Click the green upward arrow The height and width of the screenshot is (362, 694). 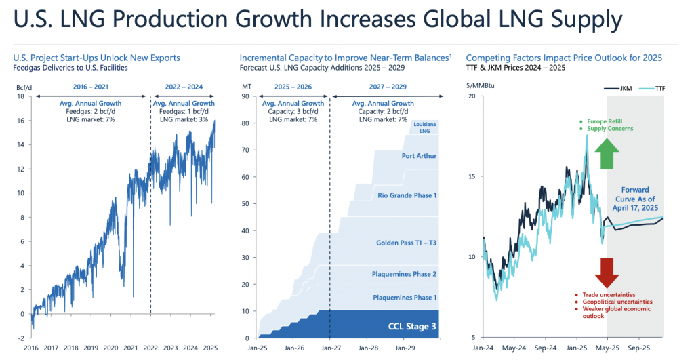[607, 154]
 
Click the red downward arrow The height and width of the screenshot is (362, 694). [607, 273]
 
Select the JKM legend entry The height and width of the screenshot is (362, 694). [618, 89]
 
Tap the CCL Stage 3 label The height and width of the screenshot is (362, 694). [412, 327]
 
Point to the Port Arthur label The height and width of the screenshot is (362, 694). [419, 156]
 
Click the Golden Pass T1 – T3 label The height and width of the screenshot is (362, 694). [407, 243]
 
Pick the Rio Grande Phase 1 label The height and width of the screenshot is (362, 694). [407, 195]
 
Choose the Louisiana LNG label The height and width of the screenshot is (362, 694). [425, 127]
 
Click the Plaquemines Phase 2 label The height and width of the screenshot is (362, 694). [404, 274]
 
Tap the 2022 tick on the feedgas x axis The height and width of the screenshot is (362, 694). [150, 348]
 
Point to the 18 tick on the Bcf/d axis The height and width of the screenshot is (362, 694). [21, 96]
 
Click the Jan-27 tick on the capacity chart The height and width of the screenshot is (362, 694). [331, 348]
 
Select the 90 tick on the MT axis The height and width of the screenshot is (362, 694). [245, 96]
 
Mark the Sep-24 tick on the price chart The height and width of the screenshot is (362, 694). [546, 348]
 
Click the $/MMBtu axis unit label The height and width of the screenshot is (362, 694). [481, 85]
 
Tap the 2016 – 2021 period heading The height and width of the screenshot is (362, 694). [91, 87]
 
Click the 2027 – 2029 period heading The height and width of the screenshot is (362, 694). [388, 87]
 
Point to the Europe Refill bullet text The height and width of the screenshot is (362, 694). [605, 121]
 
